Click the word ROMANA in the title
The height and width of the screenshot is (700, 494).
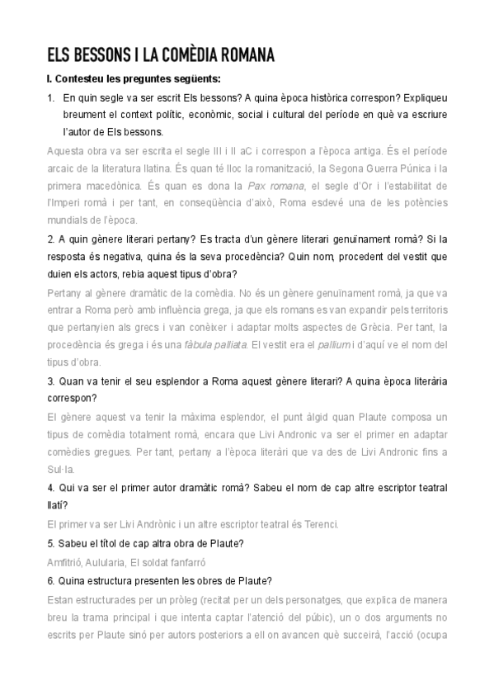(239, 55)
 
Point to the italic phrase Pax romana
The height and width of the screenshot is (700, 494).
(299, 185)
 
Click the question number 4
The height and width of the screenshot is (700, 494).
(51, 488)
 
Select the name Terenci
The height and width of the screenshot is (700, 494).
(316, 523)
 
